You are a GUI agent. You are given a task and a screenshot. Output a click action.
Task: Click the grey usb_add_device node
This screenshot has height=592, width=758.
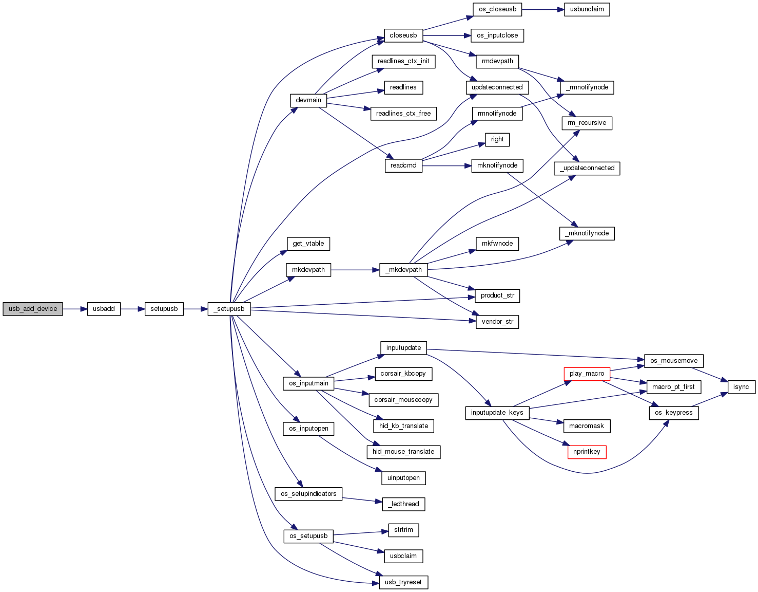(x=33, y=309)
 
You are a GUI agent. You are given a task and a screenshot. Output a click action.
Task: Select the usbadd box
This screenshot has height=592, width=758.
(x=104, y=309)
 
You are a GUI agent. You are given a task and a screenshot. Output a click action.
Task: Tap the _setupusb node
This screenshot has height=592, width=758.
(x=229, y=309)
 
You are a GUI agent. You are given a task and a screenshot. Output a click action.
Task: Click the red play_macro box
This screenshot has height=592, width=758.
(x=587, y=374)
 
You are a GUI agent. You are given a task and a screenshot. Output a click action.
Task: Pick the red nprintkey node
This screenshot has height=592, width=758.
(x=587, y=452)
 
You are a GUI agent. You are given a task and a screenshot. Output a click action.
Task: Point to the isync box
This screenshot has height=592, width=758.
(x=741, y=387)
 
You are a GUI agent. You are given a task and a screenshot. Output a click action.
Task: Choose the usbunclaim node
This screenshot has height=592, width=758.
(x=587, y=9)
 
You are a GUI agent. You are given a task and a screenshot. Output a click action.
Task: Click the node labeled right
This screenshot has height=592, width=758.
(x=497, y=139)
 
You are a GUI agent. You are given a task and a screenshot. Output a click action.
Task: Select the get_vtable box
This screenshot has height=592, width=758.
(x=308, y=244)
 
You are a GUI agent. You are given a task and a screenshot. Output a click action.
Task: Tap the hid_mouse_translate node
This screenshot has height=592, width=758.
(x=403, y=452)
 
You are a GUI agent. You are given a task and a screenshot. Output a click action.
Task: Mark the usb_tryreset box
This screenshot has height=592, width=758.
(x=403, y=582)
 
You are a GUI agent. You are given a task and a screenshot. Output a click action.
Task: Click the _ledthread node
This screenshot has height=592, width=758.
(x=403, y=504)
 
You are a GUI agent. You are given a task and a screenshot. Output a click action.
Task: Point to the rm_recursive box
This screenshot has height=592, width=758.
(x=587, y=123)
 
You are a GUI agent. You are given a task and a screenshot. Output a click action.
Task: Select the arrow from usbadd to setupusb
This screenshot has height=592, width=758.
(x=132, y=309)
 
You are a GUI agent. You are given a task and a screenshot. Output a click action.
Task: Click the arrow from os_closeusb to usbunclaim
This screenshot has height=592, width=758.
(x=543, y=10)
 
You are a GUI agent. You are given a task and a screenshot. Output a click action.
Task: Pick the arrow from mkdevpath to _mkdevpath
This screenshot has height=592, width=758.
(x=355, y=270)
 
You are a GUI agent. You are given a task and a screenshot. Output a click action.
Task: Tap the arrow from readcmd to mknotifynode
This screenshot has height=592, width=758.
(x=447, y=166)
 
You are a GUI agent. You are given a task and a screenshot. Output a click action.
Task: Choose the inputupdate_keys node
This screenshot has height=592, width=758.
(x=497, y=413)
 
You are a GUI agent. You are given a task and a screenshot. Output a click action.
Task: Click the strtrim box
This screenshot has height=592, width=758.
(x=403, y=530)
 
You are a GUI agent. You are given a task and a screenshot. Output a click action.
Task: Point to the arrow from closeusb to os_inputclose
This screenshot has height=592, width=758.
(x=447, y=35)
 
